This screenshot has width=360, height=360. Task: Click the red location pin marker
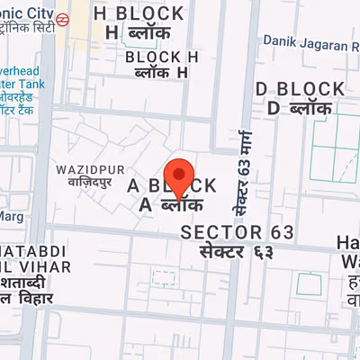pyautogui.click(x=180, y=175)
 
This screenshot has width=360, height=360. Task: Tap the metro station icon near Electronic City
pyautogui.click(x=63, y=18)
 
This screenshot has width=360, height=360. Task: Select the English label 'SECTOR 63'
pyautogui.click(x=238, y=232)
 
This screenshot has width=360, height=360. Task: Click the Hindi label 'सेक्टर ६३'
pyautogui.click(x=236, y=250)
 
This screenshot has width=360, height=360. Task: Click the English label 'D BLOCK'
pyautogui.click(x=300, y=88)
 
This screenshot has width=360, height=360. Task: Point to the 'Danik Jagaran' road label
pyautogui.click(x=306, y=42)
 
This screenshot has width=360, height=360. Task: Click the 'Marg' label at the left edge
pyautogui.click(x=11, y=216)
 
